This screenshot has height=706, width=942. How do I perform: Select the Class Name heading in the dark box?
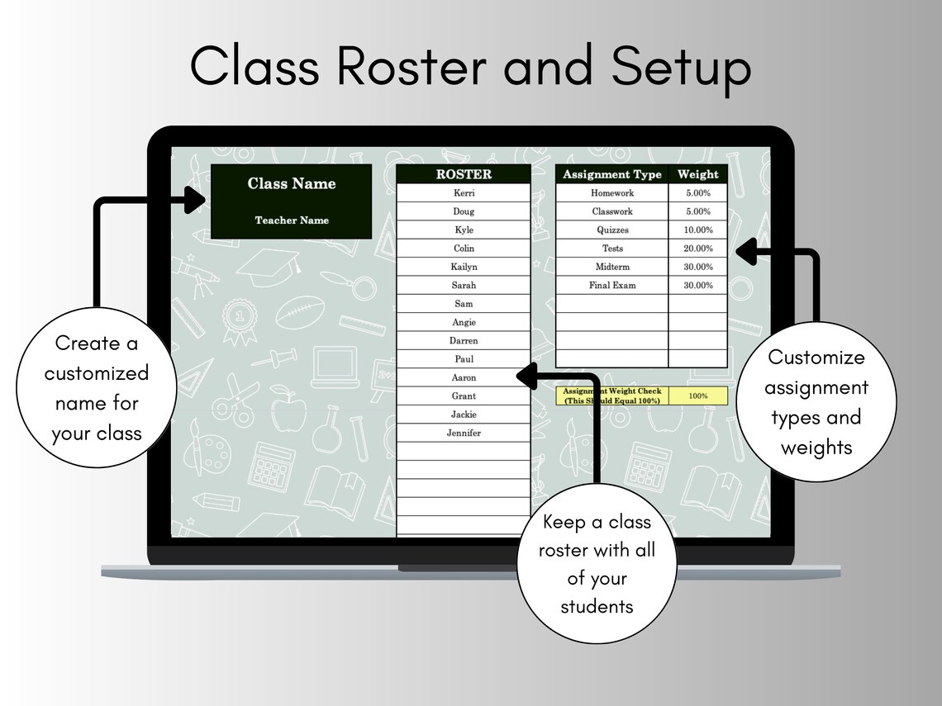tap(292, 183)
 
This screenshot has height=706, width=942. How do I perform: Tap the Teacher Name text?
tap(292, 220)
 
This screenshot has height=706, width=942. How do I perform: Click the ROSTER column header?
tap(464, 174)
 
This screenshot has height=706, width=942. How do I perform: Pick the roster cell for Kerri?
tap(464, 193)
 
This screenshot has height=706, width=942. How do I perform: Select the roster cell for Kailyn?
tap(464, 267)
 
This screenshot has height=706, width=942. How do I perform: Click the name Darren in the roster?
tap(464, 340)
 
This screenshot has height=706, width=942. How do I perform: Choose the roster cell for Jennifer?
tap(464, 433)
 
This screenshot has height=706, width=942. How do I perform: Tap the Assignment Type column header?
tap(611, 174)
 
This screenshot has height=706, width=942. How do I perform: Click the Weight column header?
tap(697, 174)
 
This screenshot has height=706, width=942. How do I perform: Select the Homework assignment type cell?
tap(611, 193)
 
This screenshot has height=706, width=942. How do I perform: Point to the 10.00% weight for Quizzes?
tap(697, 230)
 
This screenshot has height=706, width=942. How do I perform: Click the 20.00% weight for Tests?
tap(697, 249)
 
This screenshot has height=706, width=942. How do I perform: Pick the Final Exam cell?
tap(611, 285)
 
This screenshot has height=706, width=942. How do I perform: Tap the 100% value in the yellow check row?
tap(697, 396)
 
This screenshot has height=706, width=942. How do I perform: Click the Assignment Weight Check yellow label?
tap(611, 396)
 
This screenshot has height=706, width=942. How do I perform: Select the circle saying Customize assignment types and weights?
tap(816, 402)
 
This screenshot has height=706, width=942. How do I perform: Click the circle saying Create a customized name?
tap(97, 388)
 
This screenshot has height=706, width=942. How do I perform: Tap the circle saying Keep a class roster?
tap(596, 564)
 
